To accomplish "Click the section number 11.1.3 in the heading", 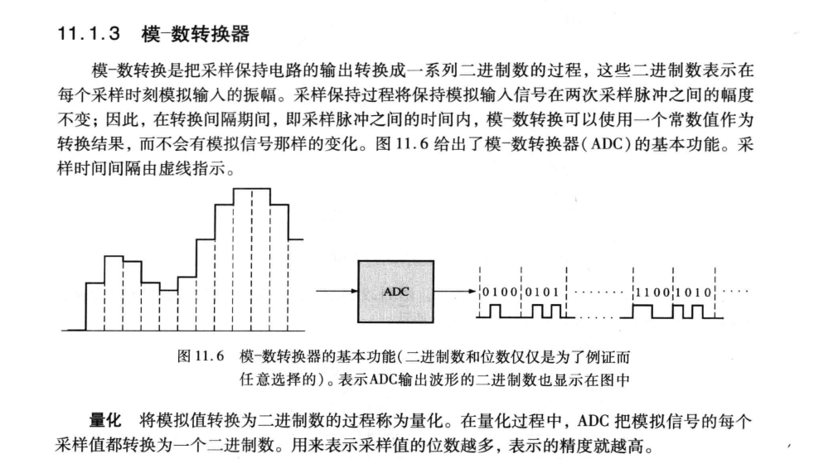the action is (x=88, y=34).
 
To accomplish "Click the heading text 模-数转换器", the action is (x=195, y=34).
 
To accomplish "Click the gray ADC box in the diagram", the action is (x=395, y=292).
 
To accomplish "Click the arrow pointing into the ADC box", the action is (x=337, y=291).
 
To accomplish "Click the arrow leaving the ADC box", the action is (x=455, y=291).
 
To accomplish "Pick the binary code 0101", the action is (x=542, y=292).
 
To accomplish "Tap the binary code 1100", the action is (x=653, y=292).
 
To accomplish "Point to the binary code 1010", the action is (x=694, y=292).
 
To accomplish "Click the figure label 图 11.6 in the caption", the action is (x=201, y=356).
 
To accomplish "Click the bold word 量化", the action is (x=105, y=420).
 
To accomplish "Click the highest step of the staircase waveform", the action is (x=252, y=189).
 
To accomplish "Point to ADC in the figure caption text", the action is (x=384, y=380).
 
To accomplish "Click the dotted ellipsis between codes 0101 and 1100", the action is (x=598, y=292).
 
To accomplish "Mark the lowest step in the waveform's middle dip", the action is (x=169, y=291).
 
